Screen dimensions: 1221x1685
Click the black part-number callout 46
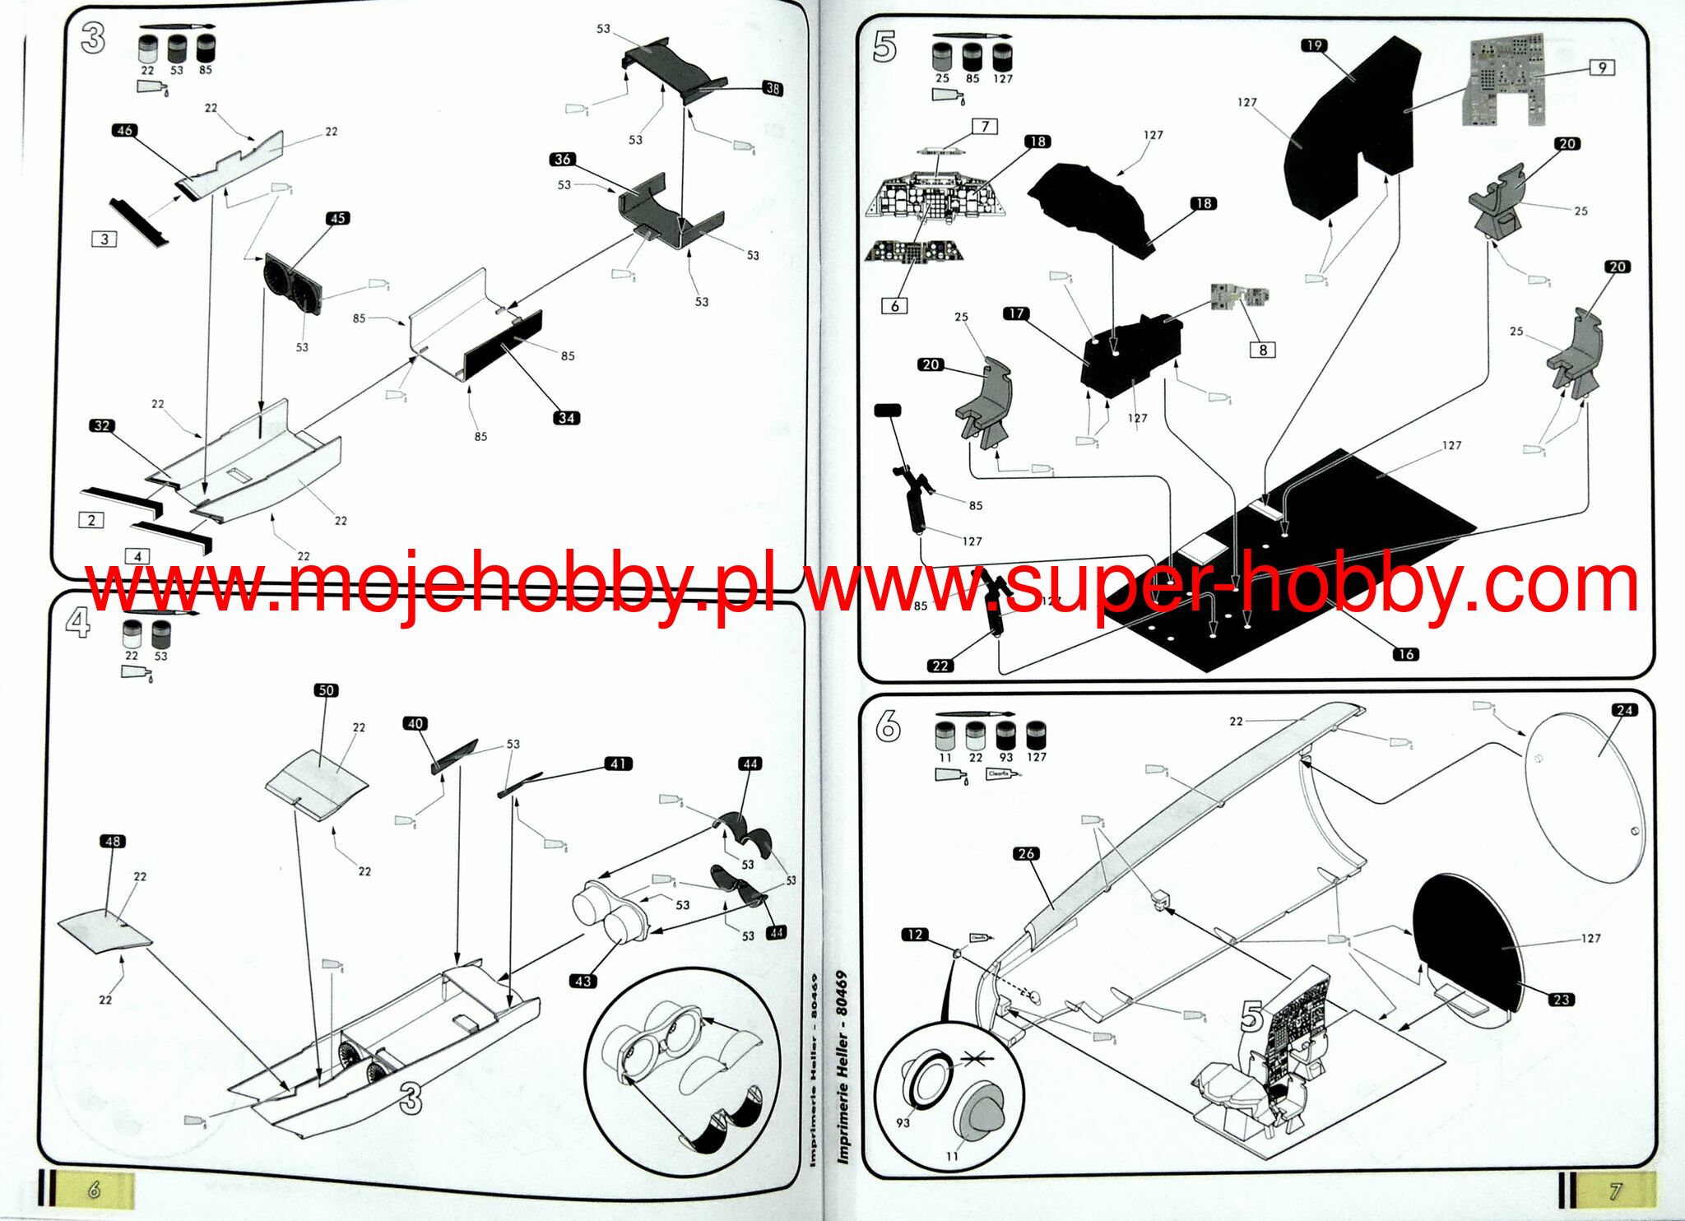(124, 130)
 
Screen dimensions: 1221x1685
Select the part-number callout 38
(773, 88)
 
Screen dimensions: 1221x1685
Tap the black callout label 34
(566, 418)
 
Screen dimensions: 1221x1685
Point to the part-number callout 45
(337, 218)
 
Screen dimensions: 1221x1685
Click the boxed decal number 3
(104, 239)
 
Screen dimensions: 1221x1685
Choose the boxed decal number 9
(1602, 67)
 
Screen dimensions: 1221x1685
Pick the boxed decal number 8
(1263, 350)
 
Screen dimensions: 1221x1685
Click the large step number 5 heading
(884, 48)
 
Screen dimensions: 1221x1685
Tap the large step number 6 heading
(888, 727)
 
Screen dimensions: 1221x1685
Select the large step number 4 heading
(77, 624)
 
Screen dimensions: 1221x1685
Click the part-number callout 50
(326, 690)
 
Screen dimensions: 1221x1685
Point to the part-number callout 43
(583, 981)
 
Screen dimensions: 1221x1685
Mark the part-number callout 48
(113, 841)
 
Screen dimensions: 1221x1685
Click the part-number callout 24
(1623, 710)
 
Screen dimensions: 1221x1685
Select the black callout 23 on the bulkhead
(1561, 1000)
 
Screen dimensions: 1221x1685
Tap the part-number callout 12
(914, 934)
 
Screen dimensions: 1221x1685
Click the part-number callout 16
(1405, 654)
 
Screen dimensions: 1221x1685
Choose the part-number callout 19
(1314, 45)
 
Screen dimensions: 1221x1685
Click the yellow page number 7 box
(1615, 1190)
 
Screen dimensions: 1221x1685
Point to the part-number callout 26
(1026, 853)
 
